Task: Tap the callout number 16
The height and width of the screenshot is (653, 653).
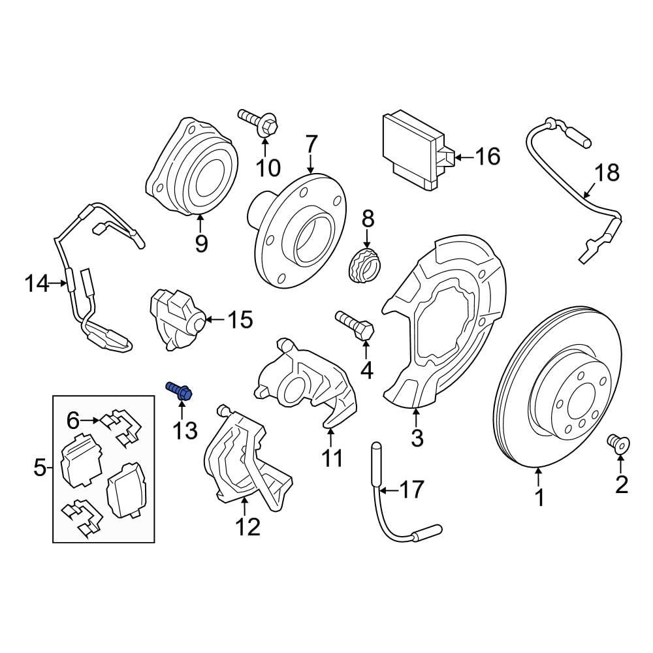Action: pos(488,157)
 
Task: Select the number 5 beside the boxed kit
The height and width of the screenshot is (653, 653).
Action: pos(40,468)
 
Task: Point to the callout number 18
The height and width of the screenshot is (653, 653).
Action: pos(607,173)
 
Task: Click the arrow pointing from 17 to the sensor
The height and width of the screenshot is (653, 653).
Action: pos(389,490)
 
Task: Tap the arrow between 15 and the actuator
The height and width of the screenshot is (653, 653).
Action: pos(216,319)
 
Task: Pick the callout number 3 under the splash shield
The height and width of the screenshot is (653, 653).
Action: pos(417,438)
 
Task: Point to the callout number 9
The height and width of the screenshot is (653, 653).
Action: pos(201,243)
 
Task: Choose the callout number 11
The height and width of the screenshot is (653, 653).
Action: pos(332,458)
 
